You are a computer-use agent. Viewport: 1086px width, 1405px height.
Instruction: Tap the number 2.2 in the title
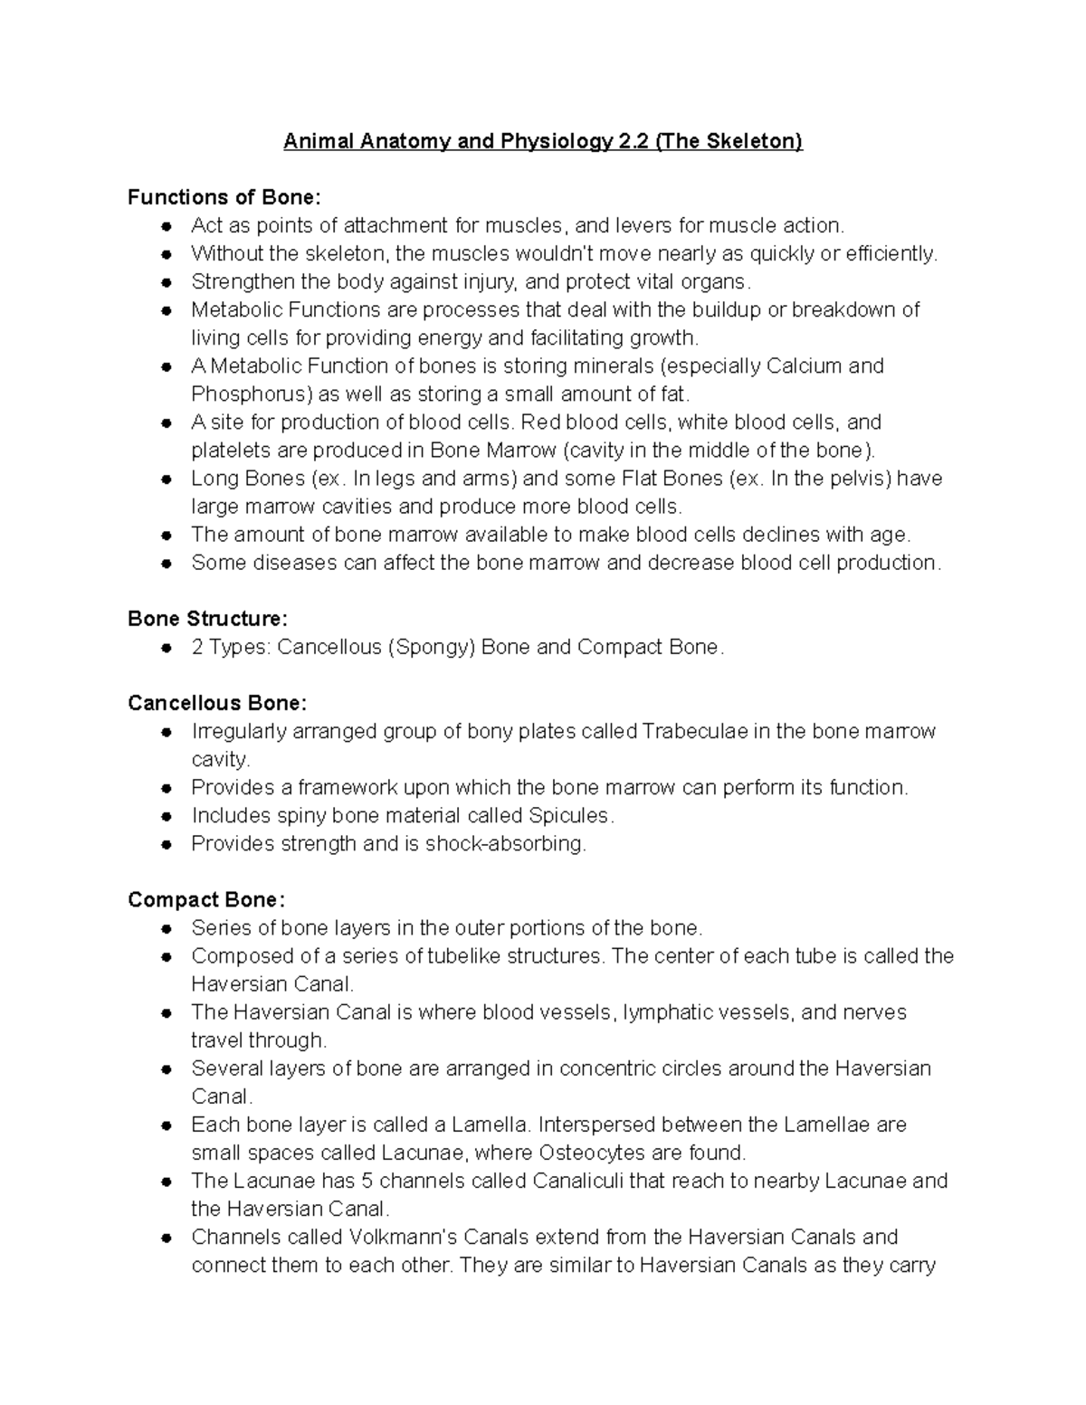pos(637,142)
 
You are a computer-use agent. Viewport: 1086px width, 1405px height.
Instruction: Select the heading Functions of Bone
pos(224,197)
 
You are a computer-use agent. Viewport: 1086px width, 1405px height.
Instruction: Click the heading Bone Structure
pos(207,619)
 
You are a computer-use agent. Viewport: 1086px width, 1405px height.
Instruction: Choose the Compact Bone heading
pos(206,899)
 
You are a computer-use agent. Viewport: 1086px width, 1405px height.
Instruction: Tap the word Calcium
pos(804,366)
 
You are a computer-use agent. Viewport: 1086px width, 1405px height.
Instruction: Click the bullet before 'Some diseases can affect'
pos(166,564)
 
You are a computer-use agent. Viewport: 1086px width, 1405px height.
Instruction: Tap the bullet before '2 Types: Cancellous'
pos(166,648)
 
